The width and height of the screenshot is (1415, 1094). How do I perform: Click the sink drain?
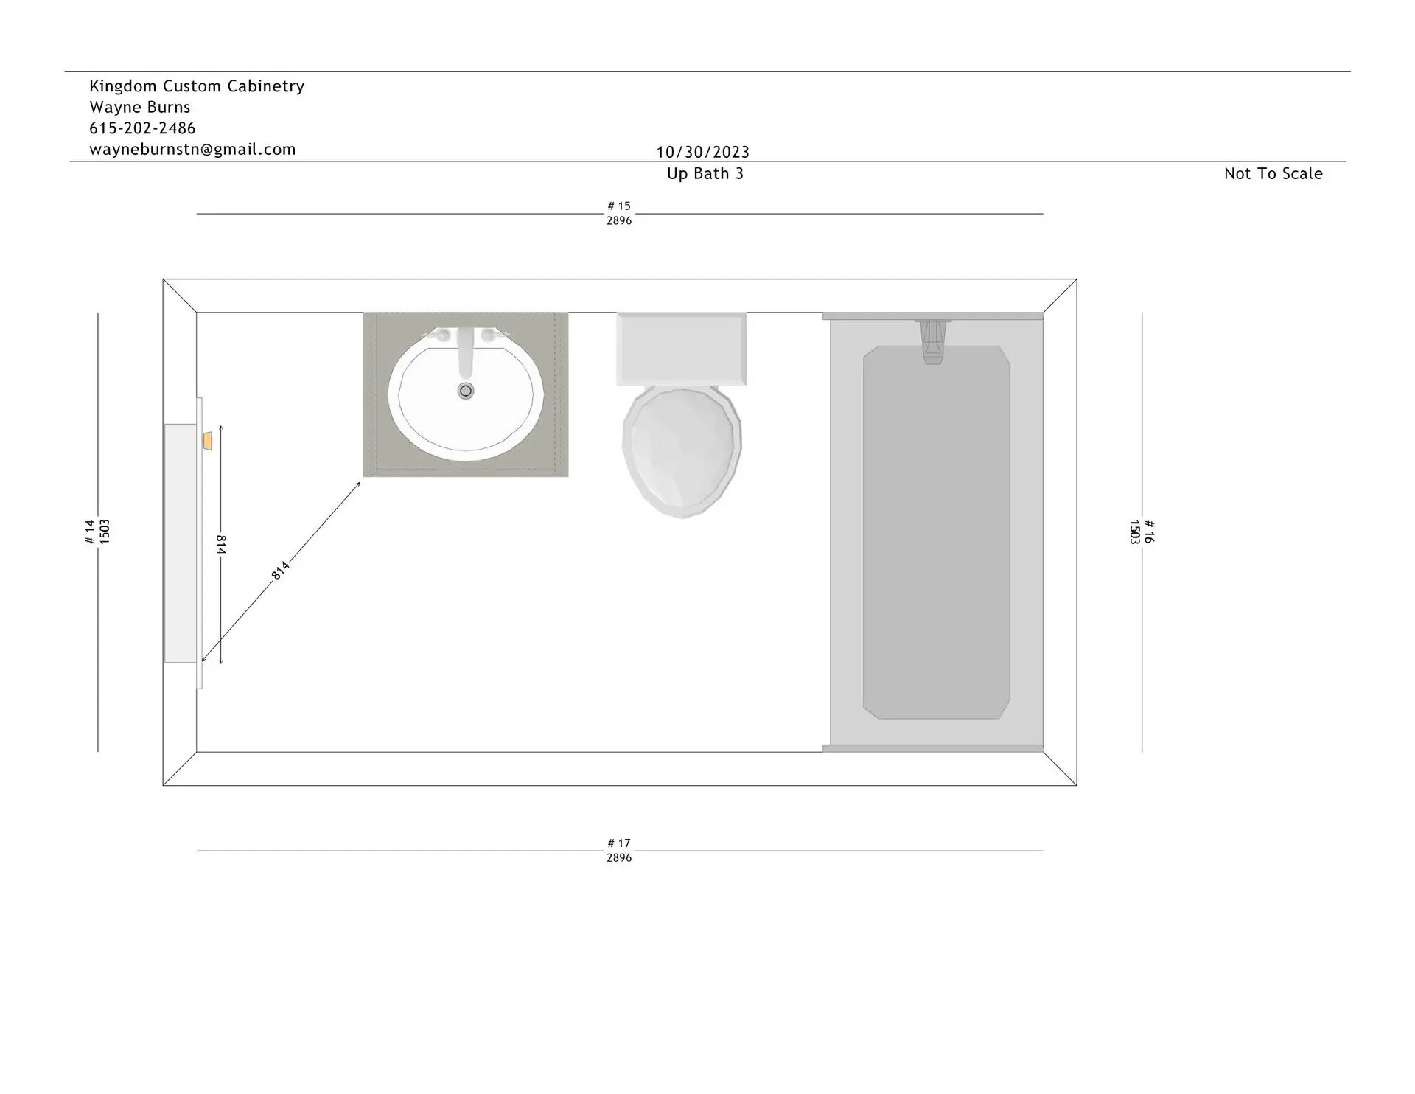click(x=465, y=390)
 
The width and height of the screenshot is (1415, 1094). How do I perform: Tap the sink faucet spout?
click(x=465, y=352)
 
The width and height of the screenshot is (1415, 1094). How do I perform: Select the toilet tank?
click(x=681, y=348)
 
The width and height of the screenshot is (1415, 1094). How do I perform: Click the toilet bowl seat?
click(x=682, y=451)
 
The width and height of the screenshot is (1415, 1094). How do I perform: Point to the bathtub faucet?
click(x=932, y=342)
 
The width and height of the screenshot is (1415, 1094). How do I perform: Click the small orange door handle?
click(x=208, y=441)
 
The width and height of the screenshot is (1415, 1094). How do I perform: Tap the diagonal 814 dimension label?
click(x=281, y=570)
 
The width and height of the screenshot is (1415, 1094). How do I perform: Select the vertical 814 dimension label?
click(x=221, y=545)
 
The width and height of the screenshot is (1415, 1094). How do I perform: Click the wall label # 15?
click(x=619, y=206)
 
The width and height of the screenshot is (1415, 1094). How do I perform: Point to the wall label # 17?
click(x=619, y=843)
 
